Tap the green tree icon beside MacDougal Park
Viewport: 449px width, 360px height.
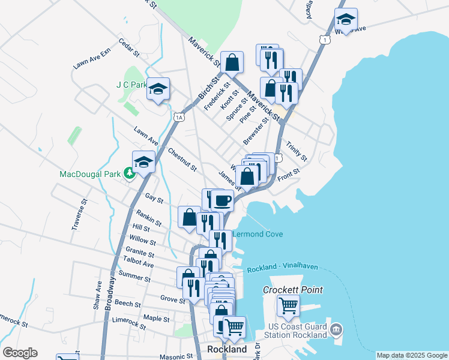click(128, 174)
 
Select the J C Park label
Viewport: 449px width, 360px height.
click(131, 85)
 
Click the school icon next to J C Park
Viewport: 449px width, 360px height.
click(158, 89)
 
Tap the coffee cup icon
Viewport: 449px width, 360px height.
click(222, 200)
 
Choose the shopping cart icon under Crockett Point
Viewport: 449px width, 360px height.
click(288, 305)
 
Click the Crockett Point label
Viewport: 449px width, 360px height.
click(293, 290)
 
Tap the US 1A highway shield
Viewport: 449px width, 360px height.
click(179, 117)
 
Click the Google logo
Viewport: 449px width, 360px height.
click(20, 353)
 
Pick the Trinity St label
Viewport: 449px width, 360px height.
click(296, 151)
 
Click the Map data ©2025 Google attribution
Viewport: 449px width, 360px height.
click(411, 355)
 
